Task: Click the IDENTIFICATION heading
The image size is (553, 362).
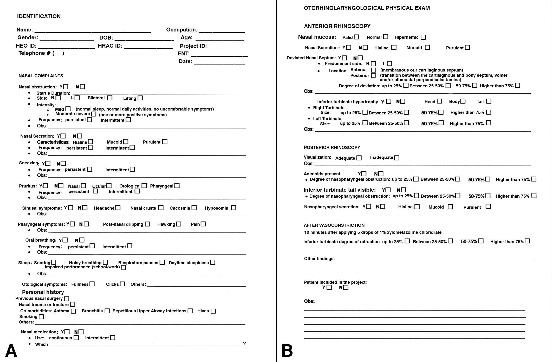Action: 39,16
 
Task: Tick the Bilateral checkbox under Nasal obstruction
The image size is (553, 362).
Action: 110,98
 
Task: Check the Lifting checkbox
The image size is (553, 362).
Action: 140,98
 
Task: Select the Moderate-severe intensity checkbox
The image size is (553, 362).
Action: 94,114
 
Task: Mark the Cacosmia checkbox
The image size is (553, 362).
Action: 194,208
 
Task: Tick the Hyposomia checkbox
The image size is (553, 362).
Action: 233,208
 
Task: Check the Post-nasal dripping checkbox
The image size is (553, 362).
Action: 147,224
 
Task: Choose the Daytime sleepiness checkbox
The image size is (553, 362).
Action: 213,262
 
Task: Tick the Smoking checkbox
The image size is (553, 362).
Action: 41,316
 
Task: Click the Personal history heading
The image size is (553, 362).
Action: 43,292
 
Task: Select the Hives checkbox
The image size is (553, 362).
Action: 213,311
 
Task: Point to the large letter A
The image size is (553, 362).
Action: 11,351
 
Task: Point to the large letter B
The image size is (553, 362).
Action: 287,351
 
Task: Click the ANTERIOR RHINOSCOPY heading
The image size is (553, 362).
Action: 337,26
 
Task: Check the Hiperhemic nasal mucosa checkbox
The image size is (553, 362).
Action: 423,37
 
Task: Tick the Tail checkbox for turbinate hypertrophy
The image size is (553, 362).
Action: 489,101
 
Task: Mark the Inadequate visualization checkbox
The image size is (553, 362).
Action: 396,158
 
